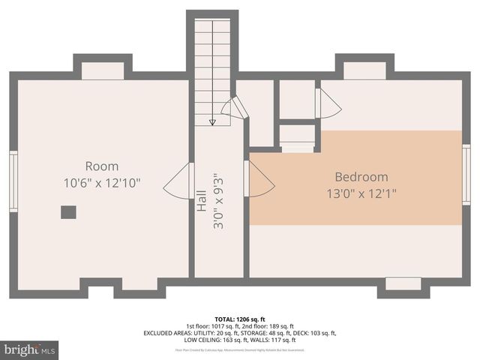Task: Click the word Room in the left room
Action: [101, 166]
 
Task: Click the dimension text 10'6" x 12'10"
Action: [101, 182]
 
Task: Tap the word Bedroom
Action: [361, 178]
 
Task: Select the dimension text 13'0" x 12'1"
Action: [361, 193]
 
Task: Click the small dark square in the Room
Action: [68, 212]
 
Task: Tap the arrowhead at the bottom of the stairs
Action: [213, 121]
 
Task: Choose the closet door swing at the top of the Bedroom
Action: [327, 103]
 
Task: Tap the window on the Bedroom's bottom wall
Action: [403, 283]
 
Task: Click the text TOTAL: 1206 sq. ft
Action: [240, 318]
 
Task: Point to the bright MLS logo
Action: [29, 349]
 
